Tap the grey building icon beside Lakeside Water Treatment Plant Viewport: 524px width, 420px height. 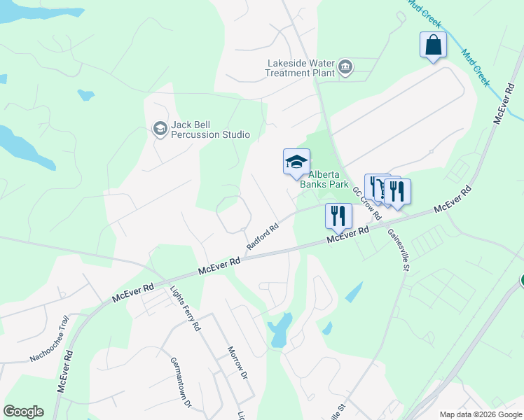pyautogui.click(x=345, y=68)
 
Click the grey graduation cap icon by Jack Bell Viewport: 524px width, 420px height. pyautogui.click(x=160, y=128)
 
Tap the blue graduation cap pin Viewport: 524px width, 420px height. pyautogui.click(x=296, y=162)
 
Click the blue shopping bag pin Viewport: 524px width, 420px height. pyautogui.click(x=433, y=45)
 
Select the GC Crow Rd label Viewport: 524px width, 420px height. pyautogui.click(x=366, y=202)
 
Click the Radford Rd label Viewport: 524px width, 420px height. pyautogui.click(x=263, y=237)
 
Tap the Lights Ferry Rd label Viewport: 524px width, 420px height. pyautogui.click(x=186, y=309)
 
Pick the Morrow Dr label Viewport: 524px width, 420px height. pyautogui.click(x=238, y=363)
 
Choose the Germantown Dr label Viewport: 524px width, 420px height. pyautogui.click(x=181, y=382)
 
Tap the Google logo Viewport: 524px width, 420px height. pyautogui.click(x=23, y=412)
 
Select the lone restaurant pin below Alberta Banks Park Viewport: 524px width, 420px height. pyautogui.click(x=338, y=216)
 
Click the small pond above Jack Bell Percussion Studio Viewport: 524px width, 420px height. pyautogui.click(x=85, y=94)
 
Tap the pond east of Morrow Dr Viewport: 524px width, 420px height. pyautogui.click(x=280, y=329)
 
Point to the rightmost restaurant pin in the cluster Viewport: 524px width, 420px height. pyautogui.click(x=397, y=192)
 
